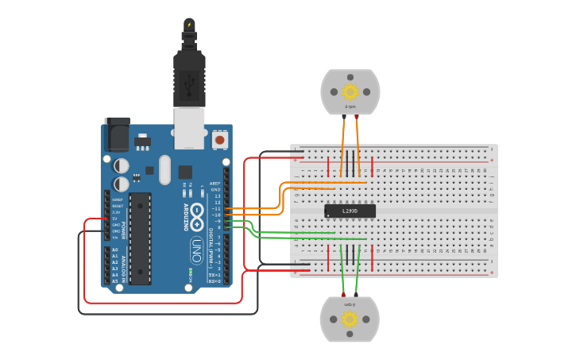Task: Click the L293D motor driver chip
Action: (x=350, y=211)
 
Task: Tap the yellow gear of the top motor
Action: (x=350, y=91)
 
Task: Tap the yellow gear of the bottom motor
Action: (x=350, y=319)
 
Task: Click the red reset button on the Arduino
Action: (x=219, y=141)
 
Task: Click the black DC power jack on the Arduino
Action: (x=117, y=136)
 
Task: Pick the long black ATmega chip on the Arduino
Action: (x=140, y=238)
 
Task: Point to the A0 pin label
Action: (x=114, y=250)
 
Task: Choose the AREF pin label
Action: (x=215, y=183)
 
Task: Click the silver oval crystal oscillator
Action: (x=164, y=169)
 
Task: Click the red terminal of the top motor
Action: (x=357, y=117)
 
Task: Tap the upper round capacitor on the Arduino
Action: (x=121, y=165)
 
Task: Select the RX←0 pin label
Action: (x=214, y=281)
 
